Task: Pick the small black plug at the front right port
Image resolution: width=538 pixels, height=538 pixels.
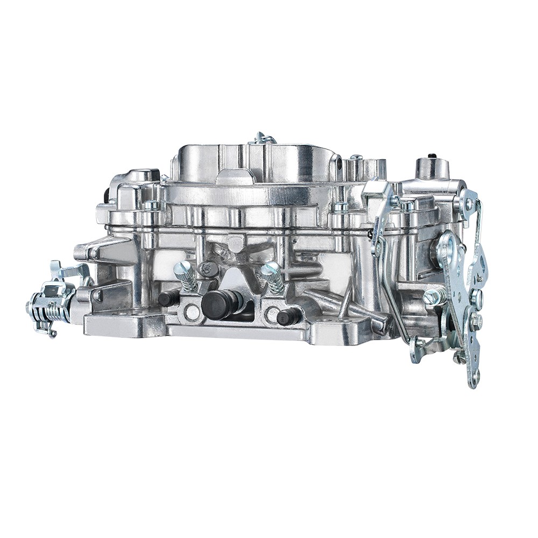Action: point(288,316)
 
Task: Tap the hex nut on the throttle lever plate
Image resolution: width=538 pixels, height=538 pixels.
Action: point(476,321)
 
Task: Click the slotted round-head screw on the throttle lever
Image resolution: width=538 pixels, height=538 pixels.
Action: point(477,296)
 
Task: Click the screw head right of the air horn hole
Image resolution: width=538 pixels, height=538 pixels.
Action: point(355,158)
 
